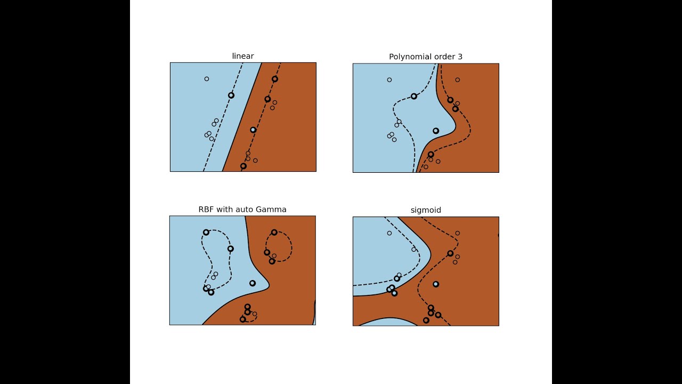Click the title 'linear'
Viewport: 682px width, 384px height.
(242, 56)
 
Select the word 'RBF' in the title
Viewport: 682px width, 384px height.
(206, 210)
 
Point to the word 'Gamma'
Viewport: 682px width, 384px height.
(271, 210)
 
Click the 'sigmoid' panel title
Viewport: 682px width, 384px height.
(426, 210)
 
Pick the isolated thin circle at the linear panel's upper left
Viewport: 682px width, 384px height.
(207, 79)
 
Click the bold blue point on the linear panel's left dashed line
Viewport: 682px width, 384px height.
(231, 95)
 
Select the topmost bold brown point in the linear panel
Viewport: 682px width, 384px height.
(274, 79)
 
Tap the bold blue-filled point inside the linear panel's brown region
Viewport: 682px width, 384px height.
(253, 130)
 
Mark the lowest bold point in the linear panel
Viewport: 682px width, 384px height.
(243, 166)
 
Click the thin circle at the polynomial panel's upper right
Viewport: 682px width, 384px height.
(458, 80)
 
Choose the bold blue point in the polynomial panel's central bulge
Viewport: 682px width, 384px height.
(436, 131)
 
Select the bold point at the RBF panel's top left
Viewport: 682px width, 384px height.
(206, 233)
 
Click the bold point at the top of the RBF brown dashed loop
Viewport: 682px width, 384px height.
(274, 233)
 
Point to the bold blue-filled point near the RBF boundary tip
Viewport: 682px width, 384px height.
(253, 283)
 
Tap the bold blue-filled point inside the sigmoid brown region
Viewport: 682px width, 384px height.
(436, 284)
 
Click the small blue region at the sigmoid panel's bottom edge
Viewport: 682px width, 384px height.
(388, 323)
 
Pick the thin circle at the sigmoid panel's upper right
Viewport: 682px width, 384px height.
(458, 233)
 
